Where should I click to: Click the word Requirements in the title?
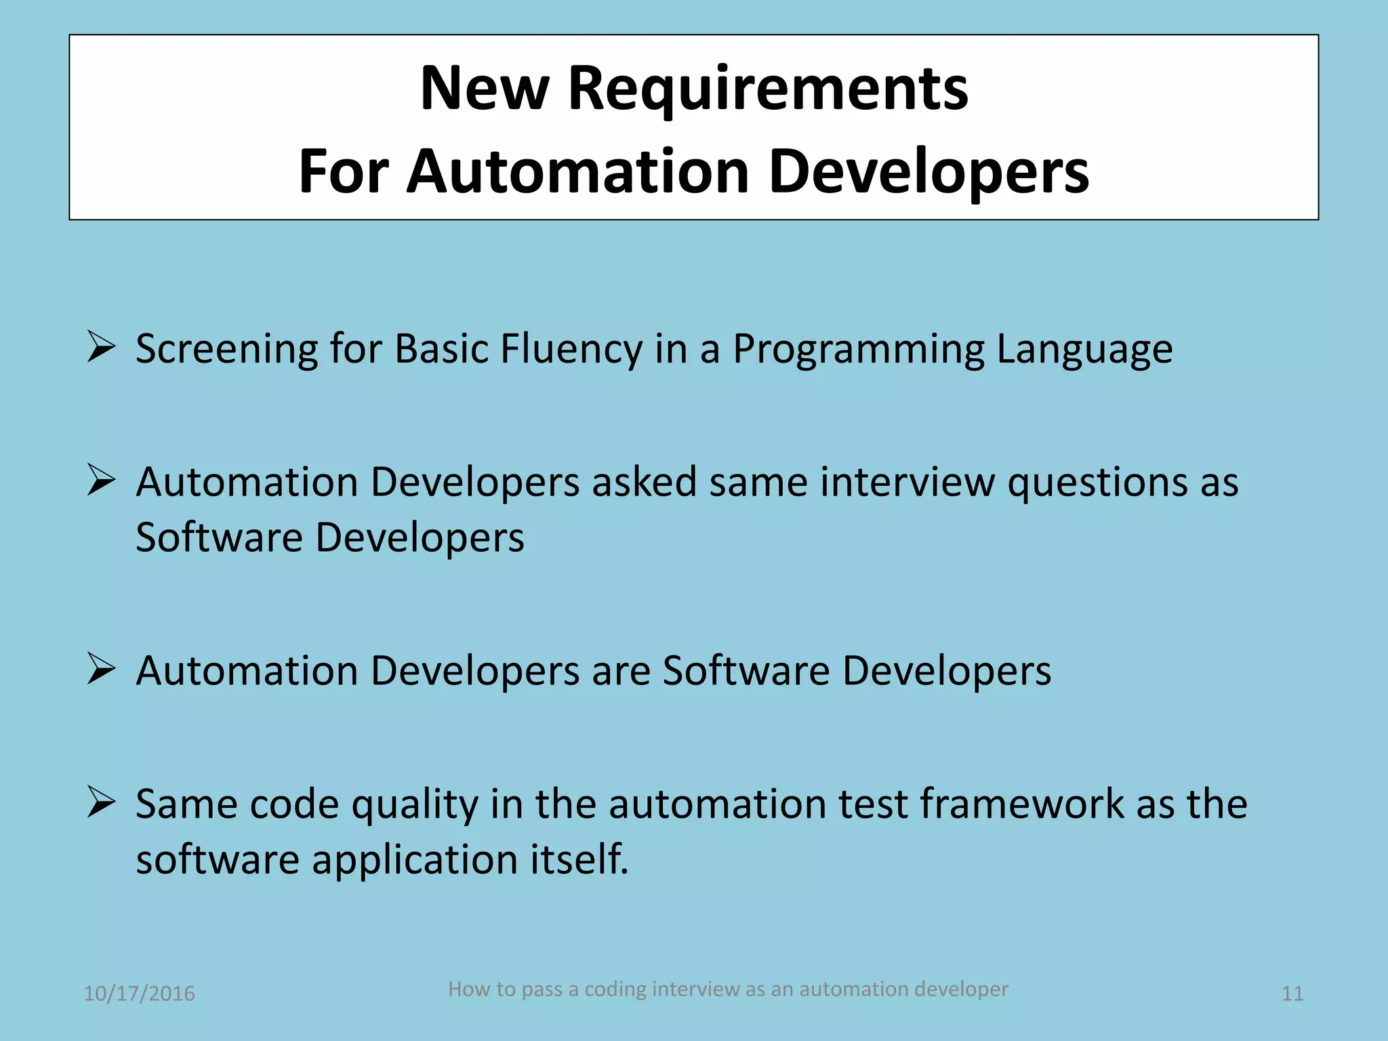point(768,89)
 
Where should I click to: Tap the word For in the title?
point(344,172)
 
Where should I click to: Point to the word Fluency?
point(571,350)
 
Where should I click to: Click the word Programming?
point(858,350)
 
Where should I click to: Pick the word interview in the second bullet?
point(908,483)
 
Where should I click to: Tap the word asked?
point(644,483)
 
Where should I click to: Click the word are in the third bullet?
point(621,672)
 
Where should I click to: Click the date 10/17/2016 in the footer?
point(139,994)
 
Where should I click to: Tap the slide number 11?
point(1292,994)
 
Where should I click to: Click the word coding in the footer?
point(615,989)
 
